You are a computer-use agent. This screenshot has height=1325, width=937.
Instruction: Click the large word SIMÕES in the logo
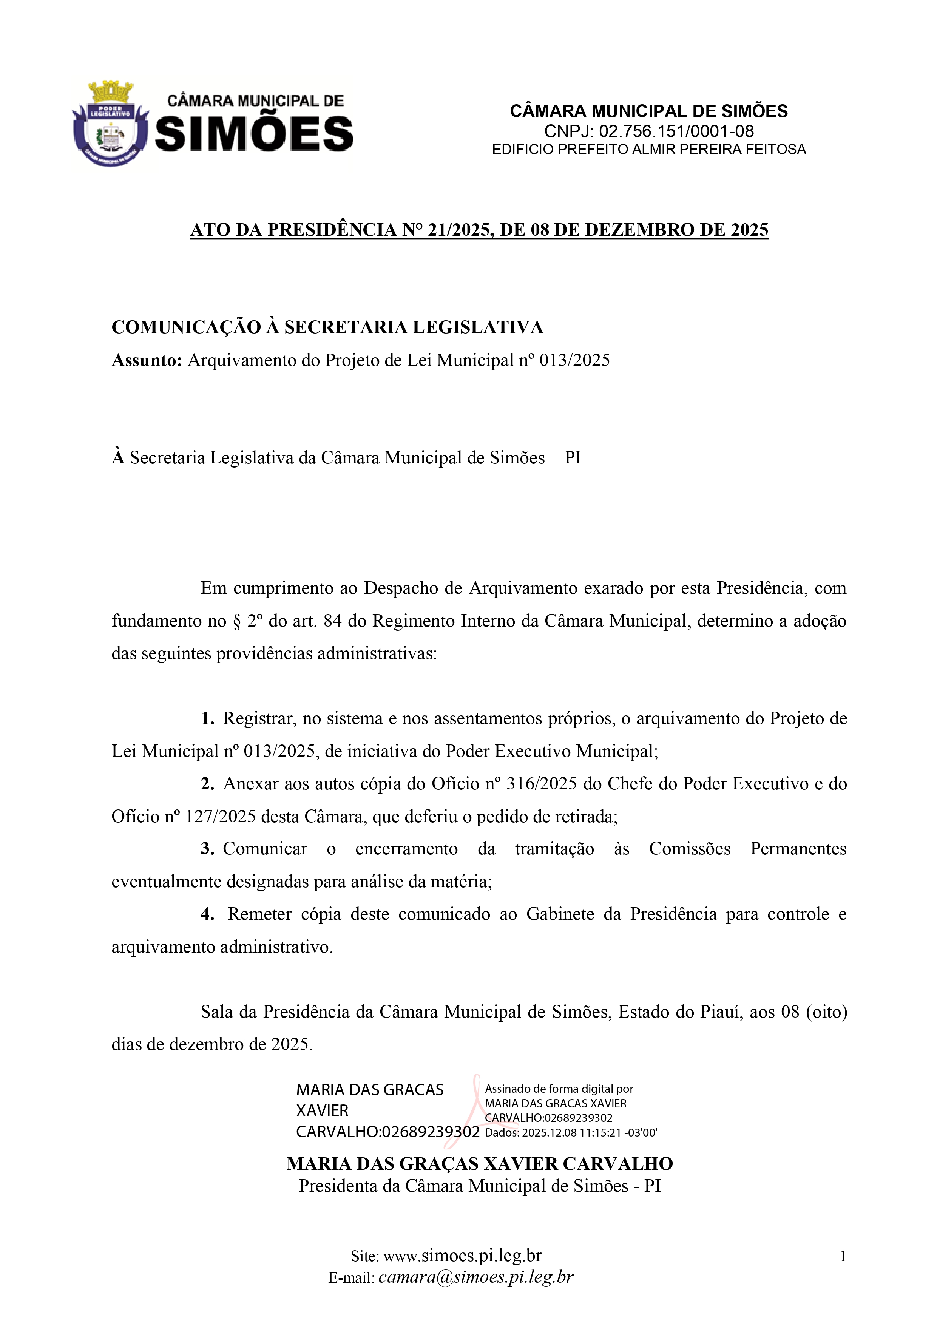pos(255,133)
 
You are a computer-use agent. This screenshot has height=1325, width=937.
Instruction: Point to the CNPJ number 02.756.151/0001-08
pos(676,131)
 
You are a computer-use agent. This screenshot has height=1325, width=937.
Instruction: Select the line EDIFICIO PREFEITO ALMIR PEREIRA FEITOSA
pos(648,150)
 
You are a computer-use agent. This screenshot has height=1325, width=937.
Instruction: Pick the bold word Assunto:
pos(147,360)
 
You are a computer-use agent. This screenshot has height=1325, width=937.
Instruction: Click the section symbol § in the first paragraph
pos(236,621)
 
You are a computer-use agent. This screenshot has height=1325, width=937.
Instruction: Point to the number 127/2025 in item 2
pos(220,817)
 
